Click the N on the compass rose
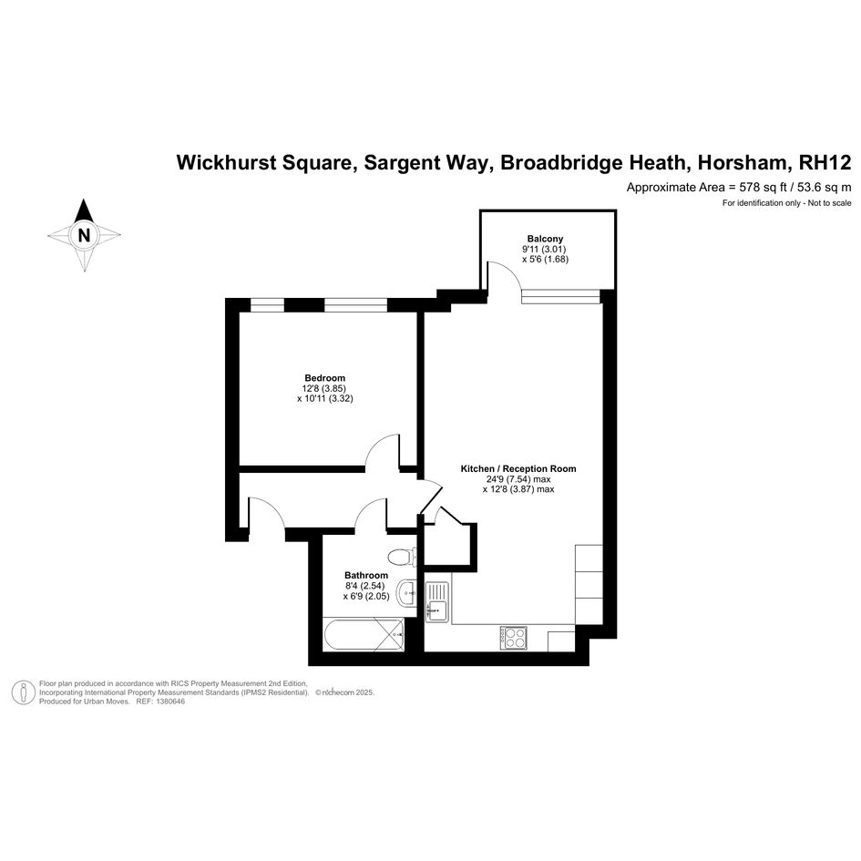(84, 235)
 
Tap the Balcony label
(545, 239)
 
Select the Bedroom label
(325, 378)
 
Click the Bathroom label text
(366, 576)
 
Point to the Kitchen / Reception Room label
(518, 469)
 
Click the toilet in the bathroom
(402, 558)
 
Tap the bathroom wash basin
(406, 593)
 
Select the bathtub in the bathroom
(364, 635)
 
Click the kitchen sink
(437, 602)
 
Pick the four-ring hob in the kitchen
(514, 638)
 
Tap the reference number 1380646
(170, 702)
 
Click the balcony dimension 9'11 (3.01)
(545, 250)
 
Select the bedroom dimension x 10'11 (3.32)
(325, 399)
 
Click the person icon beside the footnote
(23, 692)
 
